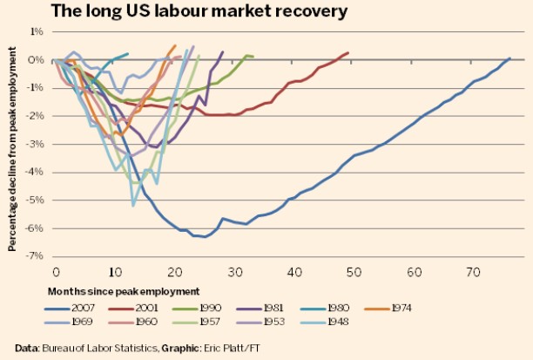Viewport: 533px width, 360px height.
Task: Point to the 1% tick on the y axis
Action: coord(36,31)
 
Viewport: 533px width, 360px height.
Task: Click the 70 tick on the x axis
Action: coord(473,273)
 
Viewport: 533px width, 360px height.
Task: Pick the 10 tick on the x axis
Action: coord(114,273)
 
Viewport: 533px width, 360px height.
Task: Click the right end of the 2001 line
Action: coord(348,52)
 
